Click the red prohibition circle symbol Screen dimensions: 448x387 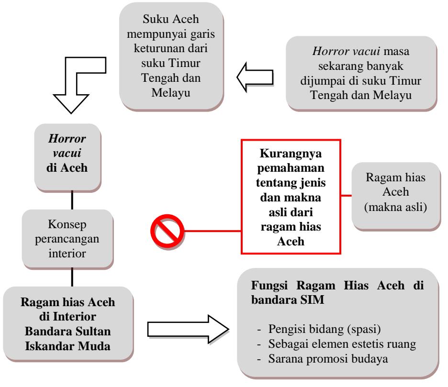[167, 231]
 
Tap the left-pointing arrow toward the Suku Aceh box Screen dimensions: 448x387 [255, 77]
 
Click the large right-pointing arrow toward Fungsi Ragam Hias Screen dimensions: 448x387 [188, 329]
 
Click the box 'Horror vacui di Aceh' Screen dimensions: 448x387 [67, 157]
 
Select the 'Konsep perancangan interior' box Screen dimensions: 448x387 [67, 239]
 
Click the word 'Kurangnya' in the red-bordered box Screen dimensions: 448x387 [291, 154]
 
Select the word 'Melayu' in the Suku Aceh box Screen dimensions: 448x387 [171, 93]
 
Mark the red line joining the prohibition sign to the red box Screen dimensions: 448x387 [213, 231]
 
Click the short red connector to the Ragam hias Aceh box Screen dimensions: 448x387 [346, 196]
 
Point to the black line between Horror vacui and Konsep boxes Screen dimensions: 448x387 [72, 200]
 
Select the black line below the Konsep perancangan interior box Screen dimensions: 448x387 [72, 277]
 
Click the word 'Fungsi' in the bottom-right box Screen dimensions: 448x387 [269, 285]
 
